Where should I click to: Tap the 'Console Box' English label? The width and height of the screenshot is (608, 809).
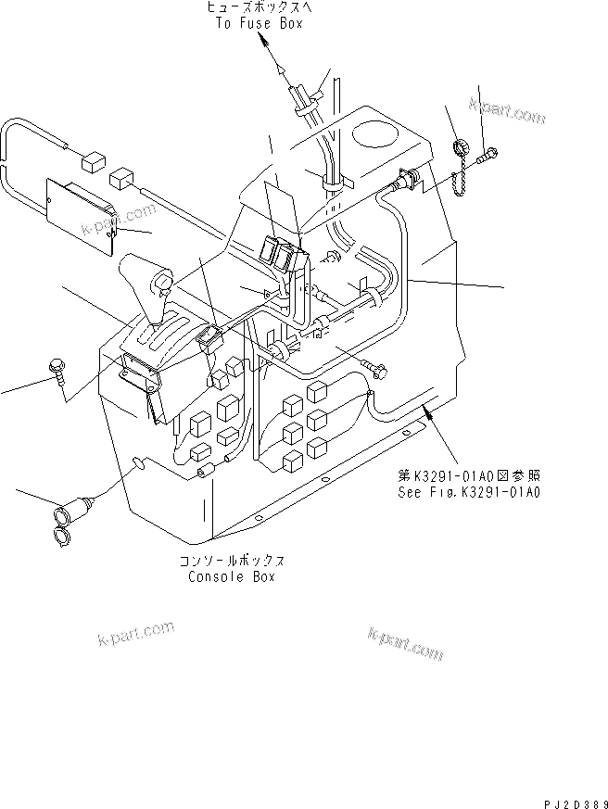[232, 575]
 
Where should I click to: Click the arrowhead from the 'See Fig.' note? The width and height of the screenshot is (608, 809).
[427, 413]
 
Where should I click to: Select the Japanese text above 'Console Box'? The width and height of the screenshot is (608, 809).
[232, 561]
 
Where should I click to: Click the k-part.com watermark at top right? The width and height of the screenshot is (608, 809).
[507, 115]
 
